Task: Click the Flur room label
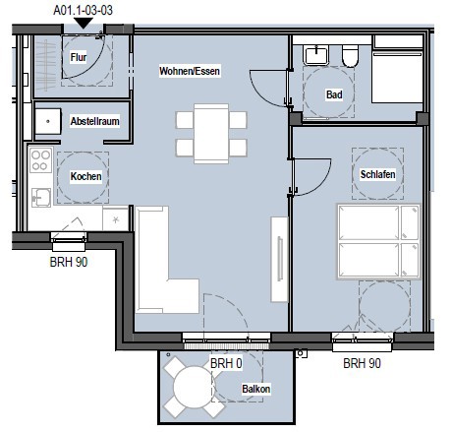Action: click(79, 57)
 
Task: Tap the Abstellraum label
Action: click(95, 121)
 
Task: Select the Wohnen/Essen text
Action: click(190, 71)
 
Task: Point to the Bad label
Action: click(334, 94)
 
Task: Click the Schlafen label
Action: click(377, 174)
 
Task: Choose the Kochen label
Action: click(85, 176)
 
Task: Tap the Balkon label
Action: click(256, 389)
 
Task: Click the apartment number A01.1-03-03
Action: click(84, 10)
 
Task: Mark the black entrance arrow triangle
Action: click(84, 23)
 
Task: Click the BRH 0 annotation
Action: click(226, 363)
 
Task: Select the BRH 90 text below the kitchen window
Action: click(69, 262)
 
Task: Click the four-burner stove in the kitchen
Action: click(41, 160)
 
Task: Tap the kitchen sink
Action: click(41, 197)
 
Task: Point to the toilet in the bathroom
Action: click(350, 56)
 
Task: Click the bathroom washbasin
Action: click(316, 55)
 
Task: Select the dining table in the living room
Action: click(211, 134)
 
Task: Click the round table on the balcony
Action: click(195, 387)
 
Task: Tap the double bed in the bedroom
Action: click(378, 242)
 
